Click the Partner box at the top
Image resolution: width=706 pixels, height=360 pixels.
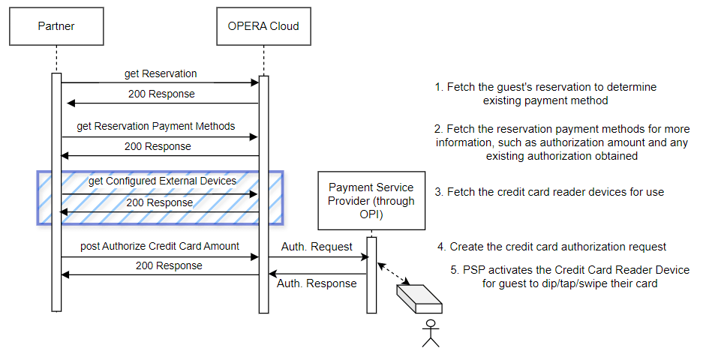click(x=56, y=26)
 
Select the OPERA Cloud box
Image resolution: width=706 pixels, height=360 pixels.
click(x=263, y=26)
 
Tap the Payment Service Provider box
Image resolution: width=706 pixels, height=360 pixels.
click(x=371, y=200)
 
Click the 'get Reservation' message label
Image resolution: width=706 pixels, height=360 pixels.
click(x=161, y=73)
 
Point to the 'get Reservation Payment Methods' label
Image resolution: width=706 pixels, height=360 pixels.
click(x=156, y=126)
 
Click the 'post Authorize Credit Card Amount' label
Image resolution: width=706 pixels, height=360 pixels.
click(x=160, y=246)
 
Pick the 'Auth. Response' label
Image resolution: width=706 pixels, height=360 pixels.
click(x=317, y=283)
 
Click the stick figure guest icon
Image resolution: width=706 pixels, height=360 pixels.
click(x=430, y=333)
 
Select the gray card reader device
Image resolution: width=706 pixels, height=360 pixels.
click(x=418, y=298)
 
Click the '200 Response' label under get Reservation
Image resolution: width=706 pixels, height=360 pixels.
click(x=161, y=94)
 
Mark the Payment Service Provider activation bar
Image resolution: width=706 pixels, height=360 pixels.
click(x=371, y=274)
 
